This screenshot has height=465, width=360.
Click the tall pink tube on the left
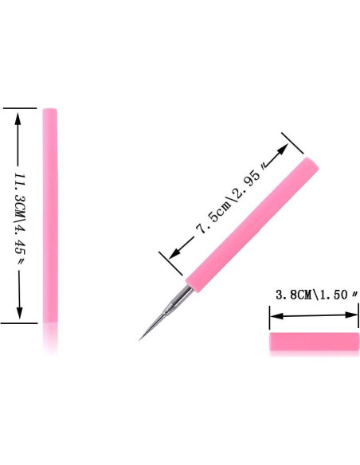coord(49,215)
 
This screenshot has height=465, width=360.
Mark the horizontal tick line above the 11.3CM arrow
coord(19,107)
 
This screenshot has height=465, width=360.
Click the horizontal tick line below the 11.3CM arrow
coord(19,323)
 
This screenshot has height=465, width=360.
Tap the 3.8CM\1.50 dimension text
coord(312,295)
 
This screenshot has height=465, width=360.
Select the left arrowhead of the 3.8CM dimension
coord(273,317)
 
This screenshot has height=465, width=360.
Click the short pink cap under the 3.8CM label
coord(312,342)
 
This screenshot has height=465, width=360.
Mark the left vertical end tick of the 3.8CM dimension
coord(269,317)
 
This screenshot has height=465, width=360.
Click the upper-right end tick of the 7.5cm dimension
coord(294,144)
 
